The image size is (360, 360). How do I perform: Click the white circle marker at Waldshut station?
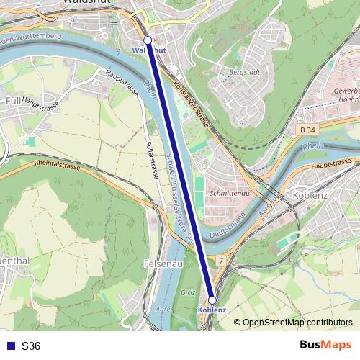[x=148, y=40]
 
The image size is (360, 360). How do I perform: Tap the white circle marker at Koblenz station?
[x=212, y=300]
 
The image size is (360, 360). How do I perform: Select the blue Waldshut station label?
[x=150, y=50]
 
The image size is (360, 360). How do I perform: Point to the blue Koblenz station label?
[x=212, y=310]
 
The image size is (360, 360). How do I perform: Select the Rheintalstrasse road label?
[x=57, y=164]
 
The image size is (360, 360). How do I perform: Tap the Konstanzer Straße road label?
[x=191, y=105]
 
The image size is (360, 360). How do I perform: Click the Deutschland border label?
[x=230, y=225]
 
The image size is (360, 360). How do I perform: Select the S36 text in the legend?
[x=31, y=346]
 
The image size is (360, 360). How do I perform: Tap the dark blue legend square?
[x=10, y=346]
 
